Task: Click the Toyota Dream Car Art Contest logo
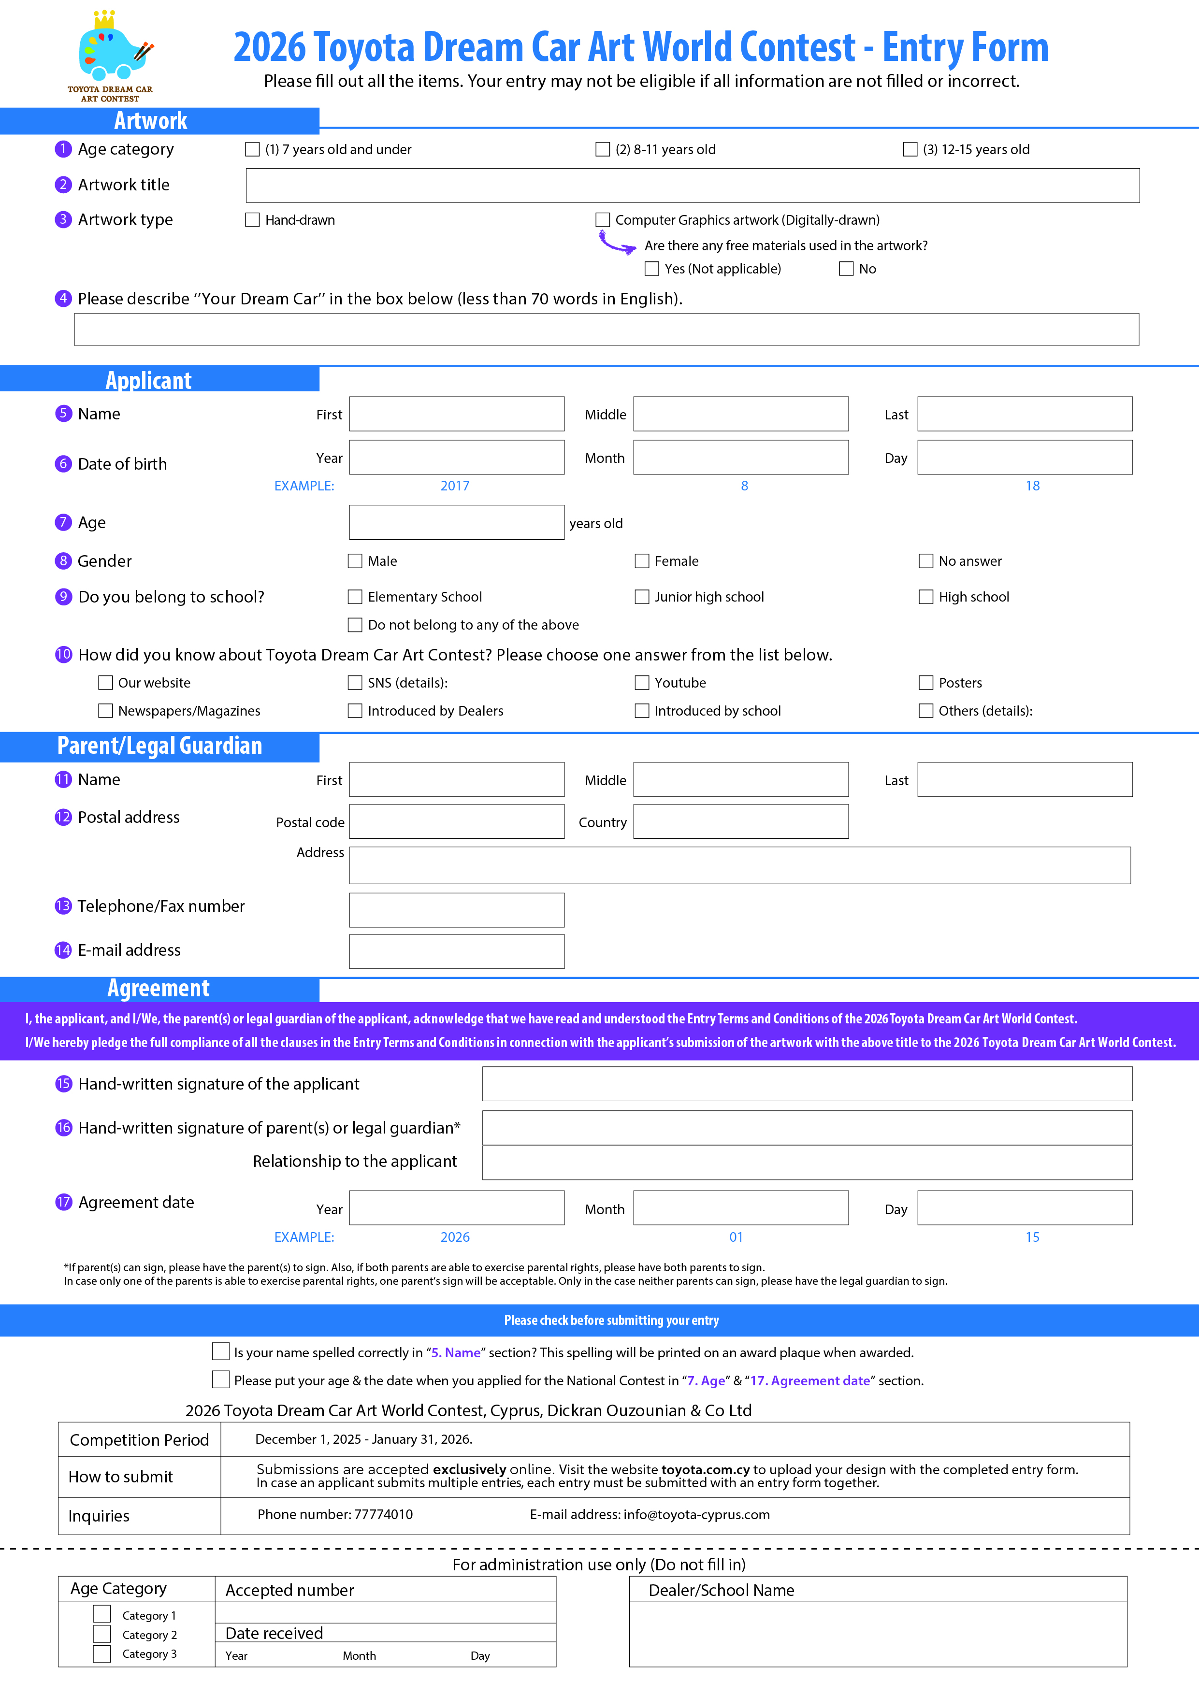[x=111, y=56]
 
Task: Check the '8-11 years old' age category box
[x=603, y=150]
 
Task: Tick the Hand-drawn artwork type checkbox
[x=252, y=220]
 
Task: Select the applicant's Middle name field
[x=740, y=414]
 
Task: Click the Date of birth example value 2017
[x=455, y=486]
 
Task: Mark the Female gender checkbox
[x=642, y=561]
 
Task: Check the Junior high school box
[x=642, y=597]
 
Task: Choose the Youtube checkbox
[x=642, y=683]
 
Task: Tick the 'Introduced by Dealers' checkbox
[x=355, y=711]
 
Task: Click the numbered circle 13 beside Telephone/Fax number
[x=63, y=906]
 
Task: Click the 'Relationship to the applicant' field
[x=807, y=1163]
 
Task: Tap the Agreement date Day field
[x=1025, y=1208]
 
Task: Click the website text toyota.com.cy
[x=705, y=1470]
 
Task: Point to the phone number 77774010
[x=383, y=1515]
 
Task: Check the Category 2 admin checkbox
[x=102, y=1635]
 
